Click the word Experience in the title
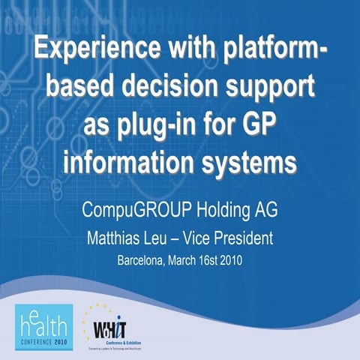click(x=89, y=53)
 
